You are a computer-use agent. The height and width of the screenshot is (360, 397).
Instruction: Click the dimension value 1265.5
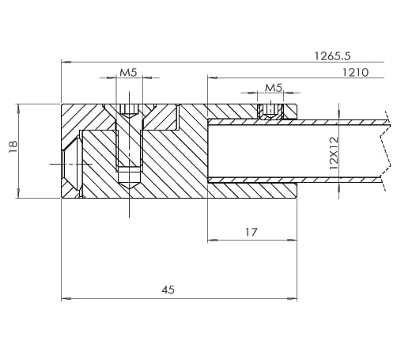point(332,55)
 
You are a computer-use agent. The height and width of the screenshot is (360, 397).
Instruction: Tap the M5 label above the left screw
point(128,72)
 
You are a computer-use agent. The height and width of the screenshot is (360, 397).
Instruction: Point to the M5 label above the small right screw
point(274,87)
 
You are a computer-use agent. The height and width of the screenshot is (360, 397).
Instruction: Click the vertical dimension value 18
point(12,148)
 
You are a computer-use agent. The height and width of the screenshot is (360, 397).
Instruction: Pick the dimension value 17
point(251,232)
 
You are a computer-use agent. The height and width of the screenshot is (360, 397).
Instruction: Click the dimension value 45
point(168,290)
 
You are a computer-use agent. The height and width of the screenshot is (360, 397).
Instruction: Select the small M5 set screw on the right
point(270,112)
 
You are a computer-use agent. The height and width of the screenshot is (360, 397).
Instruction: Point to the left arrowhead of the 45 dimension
point(66,299)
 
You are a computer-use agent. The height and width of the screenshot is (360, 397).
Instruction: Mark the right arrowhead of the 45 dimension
point(293,299)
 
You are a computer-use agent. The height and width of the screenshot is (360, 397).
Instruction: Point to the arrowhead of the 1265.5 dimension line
point(66,62)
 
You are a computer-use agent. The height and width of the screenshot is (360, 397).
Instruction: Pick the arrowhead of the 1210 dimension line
point(211,78)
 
